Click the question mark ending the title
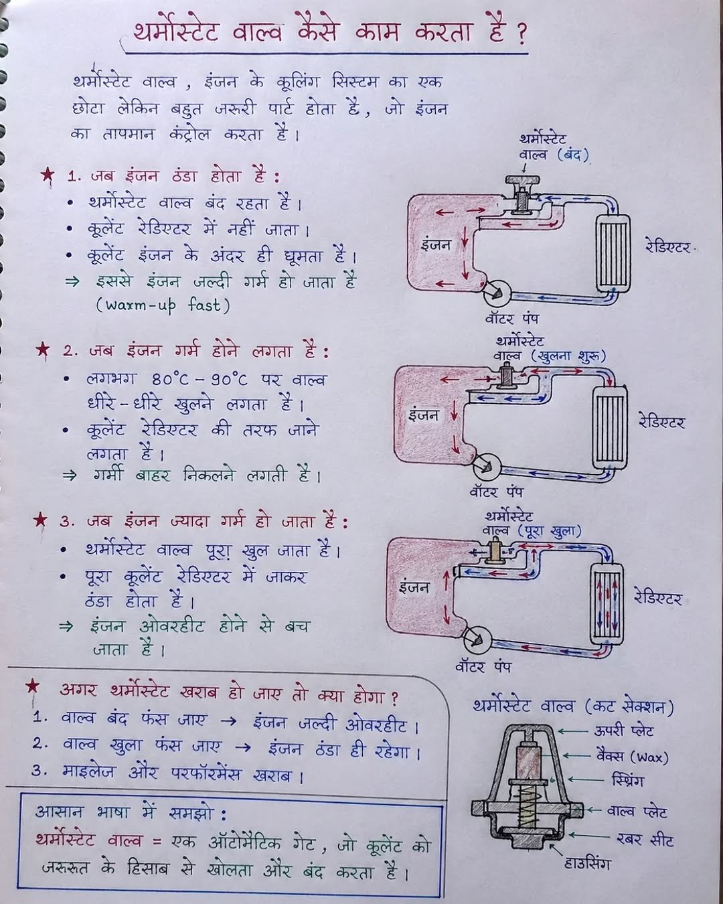[520, 35]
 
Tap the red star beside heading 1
[47, 175]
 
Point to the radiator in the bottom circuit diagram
[606, 600]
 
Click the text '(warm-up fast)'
[163, 305]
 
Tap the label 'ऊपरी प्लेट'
[623, 731]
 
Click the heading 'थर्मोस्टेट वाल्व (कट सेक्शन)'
[572, 707]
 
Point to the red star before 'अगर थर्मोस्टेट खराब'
[32, 687]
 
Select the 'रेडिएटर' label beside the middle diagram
[661, 423]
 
